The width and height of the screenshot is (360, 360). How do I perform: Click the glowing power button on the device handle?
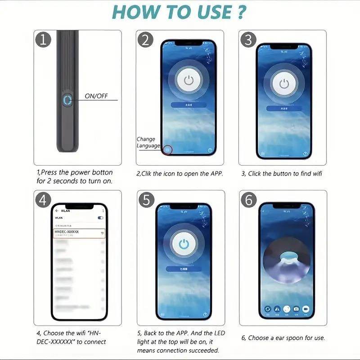(x=67, y=100)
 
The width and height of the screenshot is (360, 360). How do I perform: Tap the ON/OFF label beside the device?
(x=96, y=96)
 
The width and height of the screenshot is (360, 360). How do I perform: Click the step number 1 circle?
(x=43, y=40)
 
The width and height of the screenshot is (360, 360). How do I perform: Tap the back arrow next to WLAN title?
(x=57, y=211)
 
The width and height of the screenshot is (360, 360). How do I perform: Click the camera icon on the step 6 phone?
(x=296, y=309)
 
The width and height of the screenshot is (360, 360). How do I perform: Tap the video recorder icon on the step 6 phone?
(x=306, y=309)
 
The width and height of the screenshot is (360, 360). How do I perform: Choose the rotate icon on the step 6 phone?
(x=267, y=309)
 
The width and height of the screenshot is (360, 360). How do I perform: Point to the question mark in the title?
(x=241, y=12)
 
